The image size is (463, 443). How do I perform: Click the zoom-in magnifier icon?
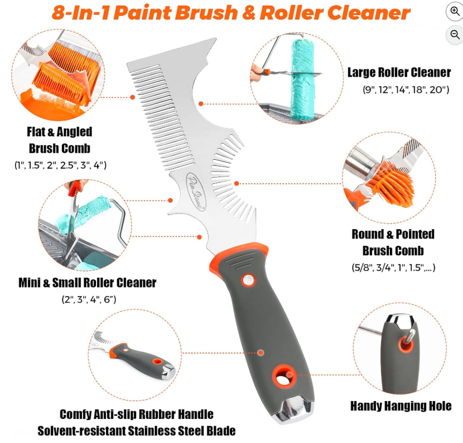pyautogui.click(x=455, y=12)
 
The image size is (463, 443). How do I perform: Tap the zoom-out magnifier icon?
pyautogui.click(x=455, y=34)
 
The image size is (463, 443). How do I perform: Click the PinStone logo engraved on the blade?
pyautogui.click(x=196, y=191)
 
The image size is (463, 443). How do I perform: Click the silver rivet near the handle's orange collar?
pyautogui.click(x=248, y=280)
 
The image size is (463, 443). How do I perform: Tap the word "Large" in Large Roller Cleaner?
pyautogui.click(x=361, y=73)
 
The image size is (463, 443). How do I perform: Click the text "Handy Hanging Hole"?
pyautogui.click(x=401, y=406)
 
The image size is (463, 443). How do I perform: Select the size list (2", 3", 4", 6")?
pyautogui.click(x=89, y=299)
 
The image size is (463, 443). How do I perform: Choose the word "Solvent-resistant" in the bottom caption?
pyautogui.click(x=80, y=431)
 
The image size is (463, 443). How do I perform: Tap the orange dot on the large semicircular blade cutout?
pyautogui.click(x=201, y=104)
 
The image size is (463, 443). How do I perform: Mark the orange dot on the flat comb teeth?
pyautogui.click(x=133, y=97)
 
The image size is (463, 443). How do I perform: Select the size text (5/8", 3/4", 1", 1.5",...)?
pyautogui.click(x=393, y=268)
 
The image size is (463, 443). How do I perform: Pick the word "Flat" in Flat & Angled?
pyautogui.click(x=36, y=132)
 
